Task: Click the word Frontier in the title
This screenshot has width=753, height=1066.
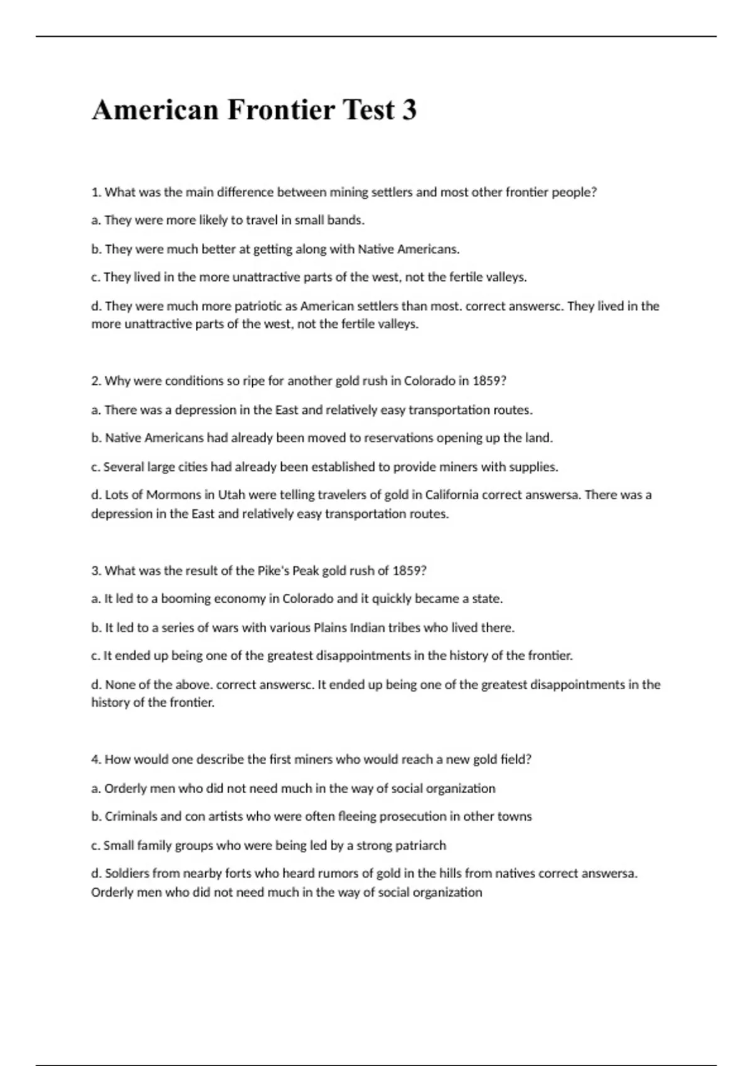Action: (x=280, y=110)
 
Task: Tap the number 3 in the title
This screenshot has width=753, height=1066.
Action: (x=409, y=110)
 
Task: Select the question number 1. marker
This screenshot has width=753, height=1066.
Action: (x=96, y=193)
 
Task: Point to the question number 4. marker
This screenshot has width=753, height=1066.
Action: (x=96, y=759)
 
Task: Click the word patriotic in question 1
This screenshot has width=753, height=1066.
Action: (x=260, y=306)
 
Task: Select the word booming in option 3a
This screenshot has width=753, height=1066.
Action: (x=186, y=598)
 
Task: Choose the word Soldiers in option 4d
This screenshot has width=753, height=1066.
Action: (x=126, y=873)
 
